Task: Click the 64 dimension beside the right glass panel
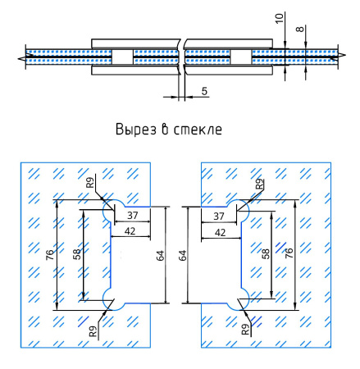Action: pos(182,255)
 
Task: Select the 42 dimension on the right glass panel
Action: pos(220,232)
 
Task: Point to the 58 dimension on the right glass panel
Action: pos(266,255)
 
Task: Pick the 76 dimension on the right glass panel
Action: pos(289,255)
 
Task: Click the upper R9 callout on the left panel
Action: pos(91,181)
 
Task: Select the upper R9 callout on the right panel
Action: pos(260,184)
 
